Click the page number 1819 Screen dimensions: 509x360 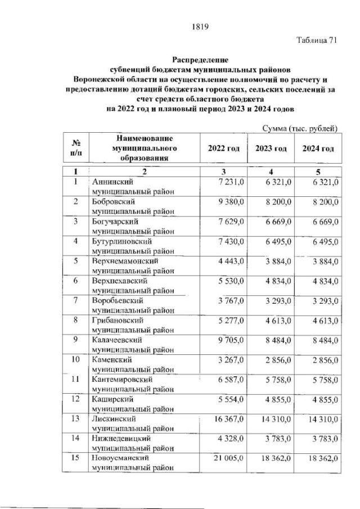point(200,25)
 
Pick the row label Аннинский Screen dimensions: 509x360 point(110,182)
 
